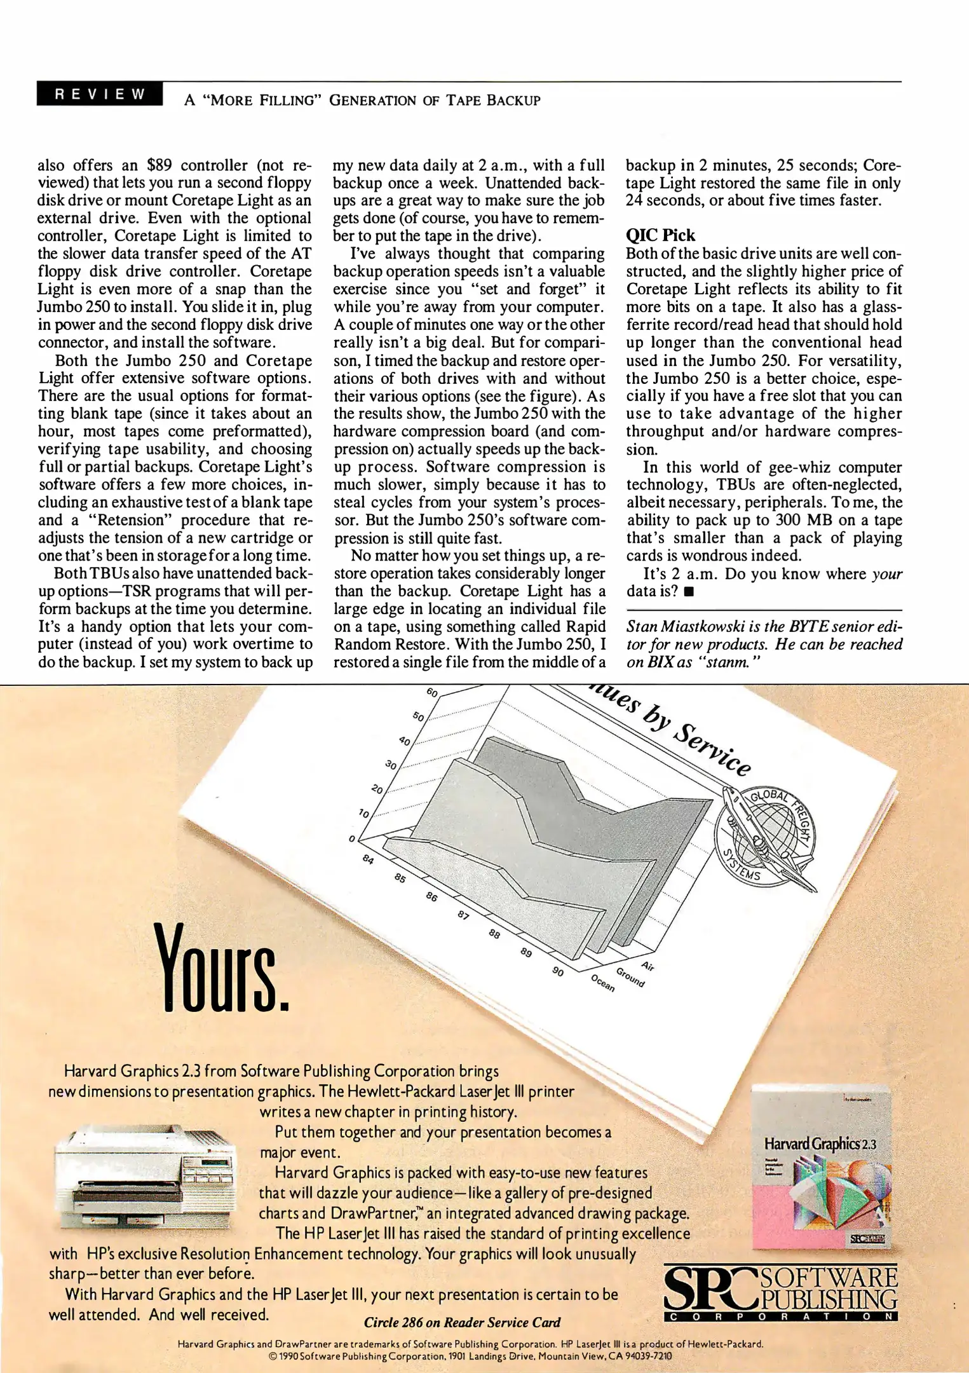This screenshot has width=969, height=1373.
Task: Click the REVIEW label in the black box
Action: coord(100,94)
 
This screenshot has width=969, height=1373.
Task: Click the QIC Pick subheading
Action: coord(660,235)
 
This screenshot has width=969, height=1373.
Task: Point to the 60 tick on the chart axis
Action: coord(432,692)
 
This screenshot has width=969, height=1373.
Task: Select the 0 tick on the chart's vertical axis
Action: coord(351,839)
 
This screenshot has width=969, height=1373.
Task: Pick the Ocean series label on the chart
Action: coord(602,983)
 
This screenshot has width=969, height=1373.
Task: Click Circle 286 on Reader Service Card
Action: coord(462,1323)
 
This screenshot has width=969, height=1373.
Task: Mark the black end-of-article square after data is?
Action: coord(689,592)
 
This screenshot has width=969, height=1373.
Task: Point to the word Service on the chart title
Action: coord(712,750)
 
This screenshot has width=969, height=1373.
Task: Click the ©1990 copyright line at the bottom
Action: coord(470,1356)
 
